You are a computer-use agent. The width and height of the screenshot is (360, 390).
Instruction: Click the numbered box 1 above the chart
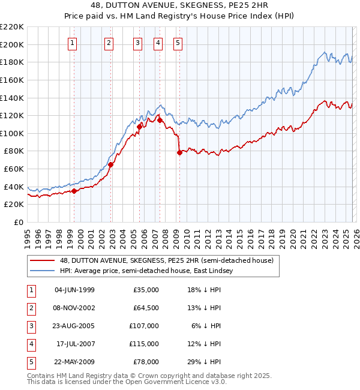72,43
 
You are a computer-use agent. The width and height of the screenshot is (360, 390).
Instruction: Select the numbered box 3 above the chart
137,43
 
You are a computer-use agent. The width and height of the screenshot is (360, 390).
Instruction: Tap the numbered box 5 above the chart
178,43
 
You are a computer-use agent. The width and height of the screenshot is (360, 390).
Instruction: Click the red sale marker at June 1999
74,191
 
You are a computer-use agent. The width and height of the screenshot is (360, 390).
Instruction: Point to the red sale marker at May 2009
179,153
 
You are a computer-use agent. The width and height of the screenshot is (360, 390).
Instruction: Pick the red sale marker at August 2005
139,127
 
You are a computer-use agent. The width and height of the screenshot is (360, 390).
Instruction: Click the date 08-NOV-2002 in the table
74,308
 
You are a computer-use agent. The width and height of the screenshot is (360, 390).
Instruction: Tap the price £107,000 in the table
144,326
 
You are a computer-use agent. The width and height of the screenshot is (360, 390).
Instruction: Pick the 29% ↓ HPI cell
203,361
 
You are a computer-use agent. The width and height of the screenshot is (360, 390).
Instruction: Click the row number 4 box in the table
30,344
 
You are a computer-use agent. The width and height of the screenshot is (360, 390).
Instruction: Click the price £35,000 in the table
146,290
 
